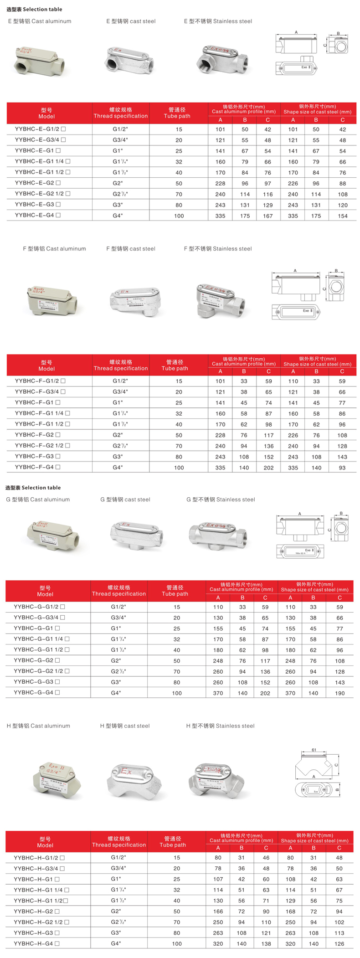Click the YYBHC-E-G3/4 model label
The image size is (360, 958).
point(37,140)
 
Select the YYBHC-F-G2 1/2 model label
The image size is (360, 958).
point(39,446)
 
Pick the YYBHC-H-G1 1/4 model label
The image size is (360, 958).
point(38,890)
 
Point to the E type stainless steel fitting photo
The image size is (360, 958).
point(220,59)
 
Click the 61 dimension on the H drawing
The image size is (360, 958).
point(314,750)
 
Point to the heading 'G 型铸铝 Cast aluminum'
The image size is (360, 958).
point(38,500)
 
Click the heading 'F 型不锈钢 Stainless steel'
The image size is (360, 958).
point(217,249)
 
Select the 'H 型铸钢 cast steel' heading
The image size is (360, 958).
point(124,726)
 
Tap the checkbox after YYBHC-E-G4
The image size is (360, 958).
point(58,215)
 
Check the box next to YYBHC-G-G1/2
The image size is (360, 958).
point(62,607)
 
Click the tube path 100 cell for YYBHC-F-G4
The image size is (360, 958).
point(179,468)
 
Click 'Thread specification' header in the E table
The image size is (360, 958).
point(121,113)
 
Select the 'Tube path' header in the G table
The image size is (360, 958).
point(175,591)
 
